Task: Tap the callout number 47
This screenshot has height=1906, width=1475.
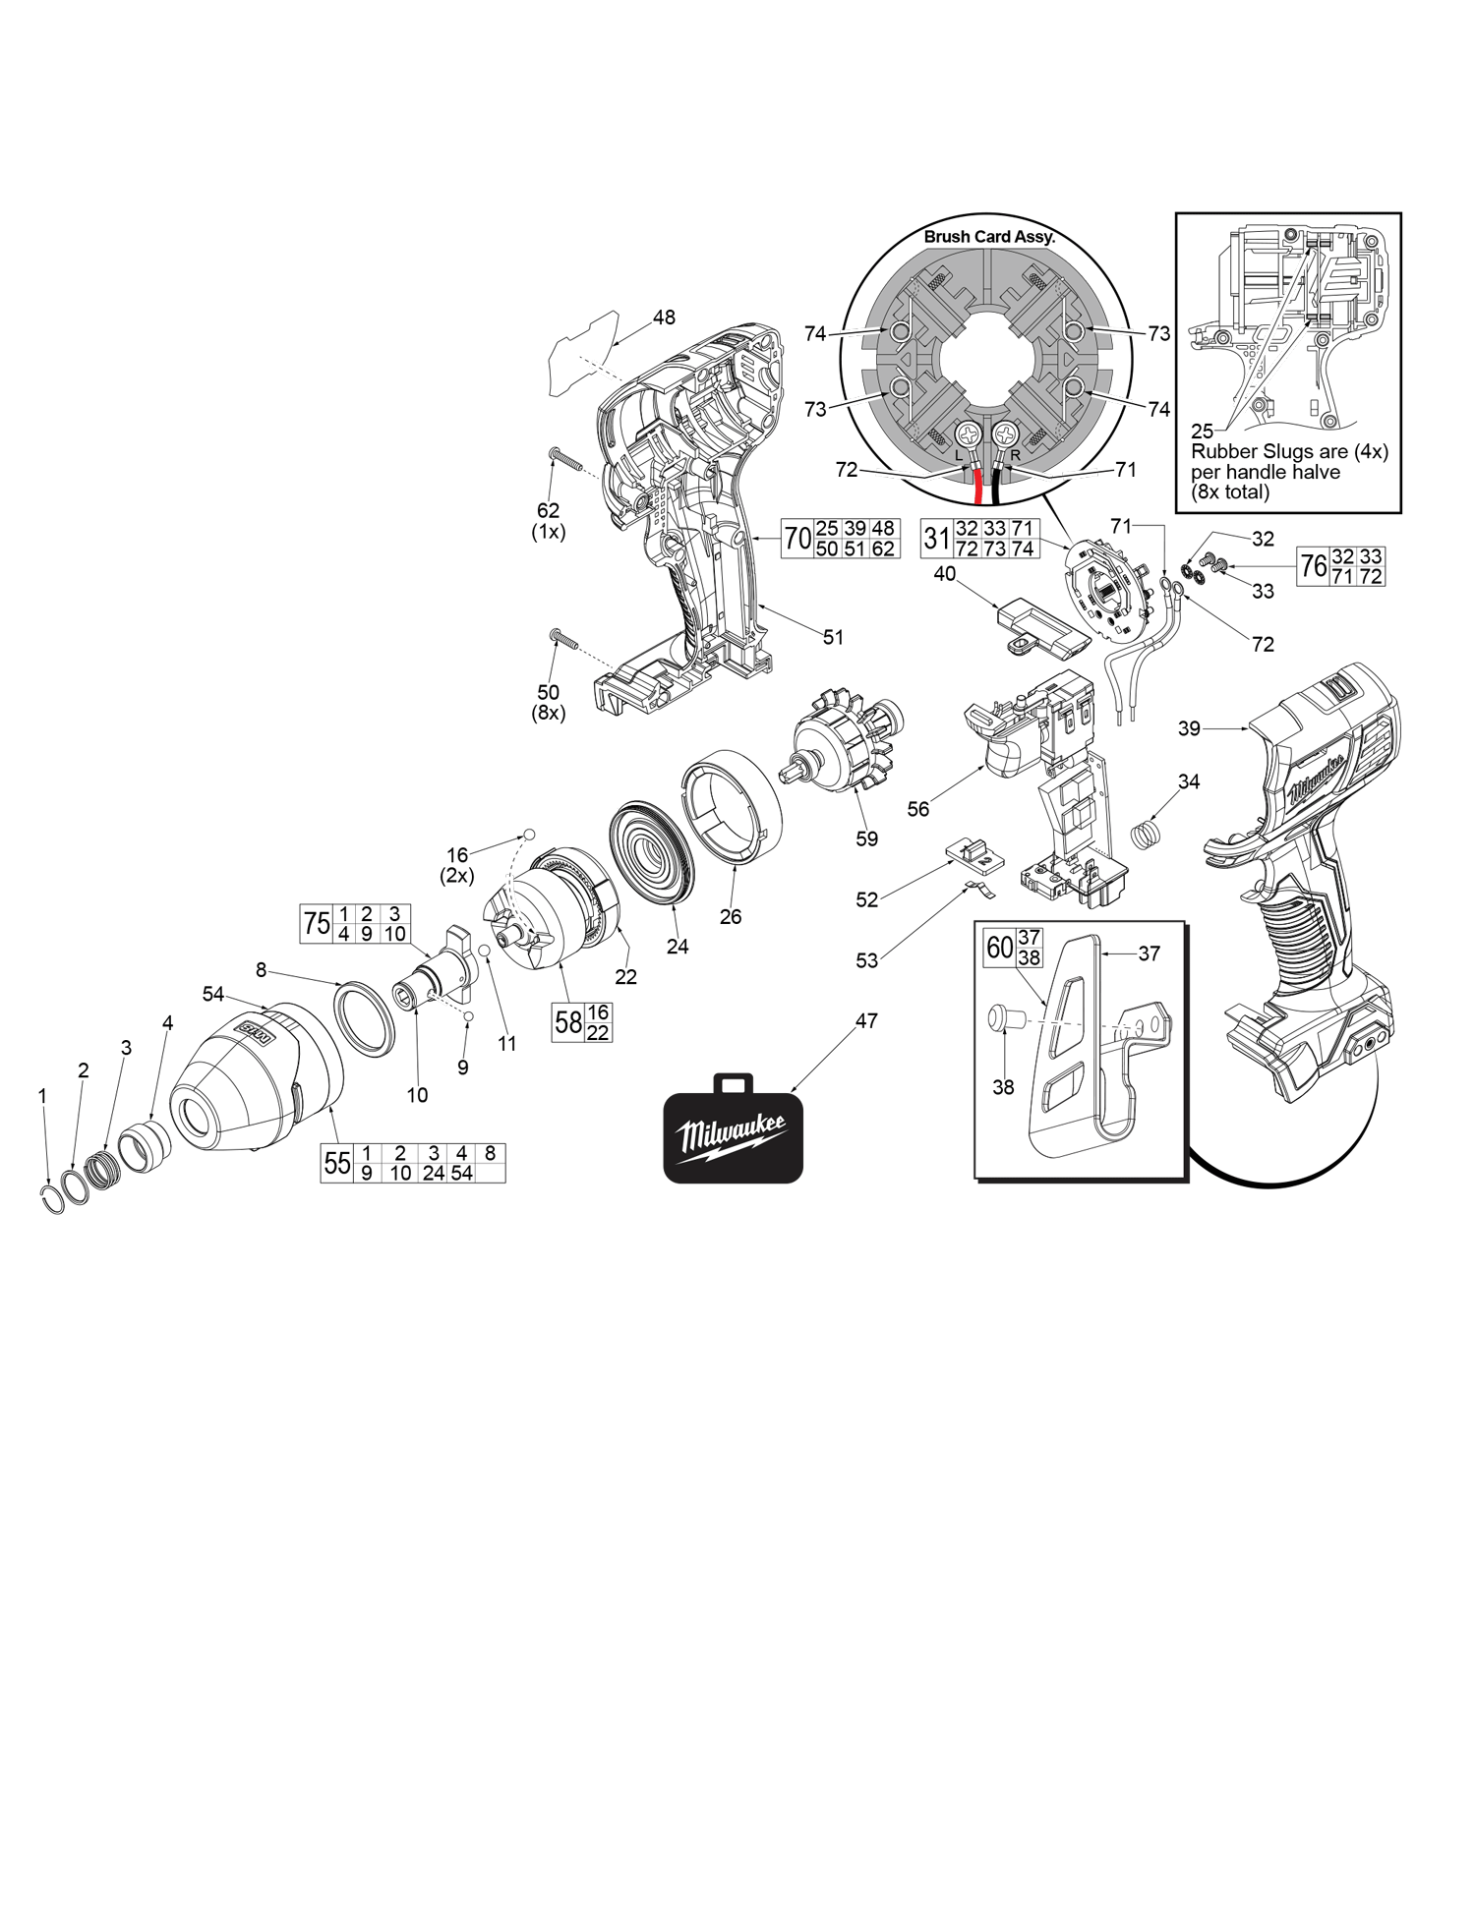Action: coord(866,1021)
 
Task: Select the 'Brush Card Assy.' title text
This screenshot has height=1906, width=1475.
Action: coord(988,237)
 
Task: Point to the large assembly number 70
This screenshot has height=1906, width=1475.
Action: coord(797,539)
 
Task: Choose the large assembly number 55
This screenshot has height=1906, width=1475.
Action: coord(337,1164)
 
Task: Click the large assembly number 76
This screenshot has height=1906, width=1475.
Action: coord(1313,566)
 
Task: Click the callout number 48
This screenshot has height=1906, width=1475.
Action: coord(664,318)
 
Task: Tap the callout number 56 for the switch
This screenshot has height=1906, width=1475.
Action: coord(917,809)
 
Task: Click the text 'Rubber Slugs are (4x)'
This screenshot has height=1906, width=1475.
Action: coord(1289,452)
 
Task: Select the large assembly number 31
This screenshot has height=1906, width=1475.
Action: coord(936,539)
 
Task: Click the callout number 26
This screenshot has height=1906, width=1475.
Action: coord(731,917)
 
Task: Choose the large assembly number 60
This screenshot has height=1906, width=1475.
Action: coord(999,948)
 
